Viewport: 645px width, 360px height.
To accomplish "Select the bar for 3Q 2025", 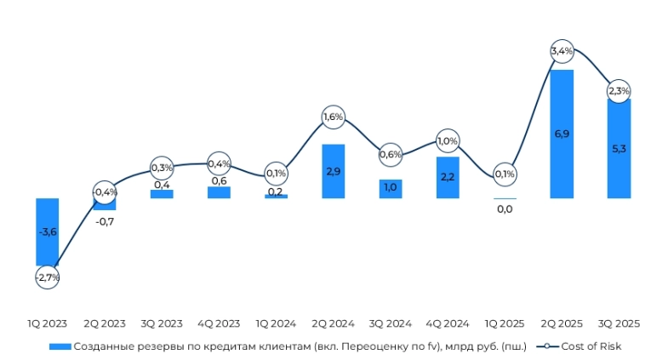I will click(x=619, y=148).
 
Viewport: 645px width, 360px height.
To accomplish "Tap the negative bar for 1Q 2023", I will click(x=47, y=231).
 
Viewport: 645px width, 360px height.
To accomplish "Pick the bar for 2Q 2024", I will click(x=333, y=170).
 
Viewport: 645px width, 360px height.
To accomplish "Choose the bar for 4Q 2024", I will click(x=448, y=177).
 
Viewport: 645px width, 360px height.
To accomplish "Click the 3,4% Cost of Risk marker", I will click(x=562, y=52).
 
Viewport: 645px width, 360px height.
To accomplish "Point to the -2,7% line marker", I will click(x=47, y=277).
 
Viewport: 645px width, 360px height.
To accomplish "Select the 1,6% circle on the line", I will click(x=333, y=117).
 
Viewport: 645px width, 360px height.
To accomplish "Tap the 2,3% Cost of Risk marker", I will click(x=619, y=91).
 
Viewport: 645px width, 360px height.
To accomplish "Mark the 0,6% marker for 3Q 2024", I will click(x=391, y=154).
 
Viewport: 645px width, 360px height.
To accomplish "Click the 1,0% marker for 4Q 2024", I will click(x=448, y=140).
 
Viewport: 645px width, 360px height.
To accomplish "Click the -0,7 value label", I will click(x=104, y=221).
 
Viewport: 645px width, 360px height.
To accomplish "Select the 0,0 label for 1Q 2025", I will click(x=505, y=209).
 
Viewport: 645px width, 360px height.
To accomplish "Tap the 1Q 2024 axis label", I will click(x=276, y=323).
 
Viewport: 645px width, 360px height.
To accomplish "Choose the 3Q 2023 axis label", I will click(x=162, y=323).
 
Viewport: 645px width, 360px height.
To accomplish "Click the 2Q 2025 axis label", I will click(x=562, y=323).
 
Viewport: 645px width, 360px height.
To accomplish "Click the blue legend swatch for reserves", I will click(x=59, y=346).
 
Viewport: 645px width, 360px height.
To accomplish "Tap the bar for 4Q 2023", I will click(x=219, y=192).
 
